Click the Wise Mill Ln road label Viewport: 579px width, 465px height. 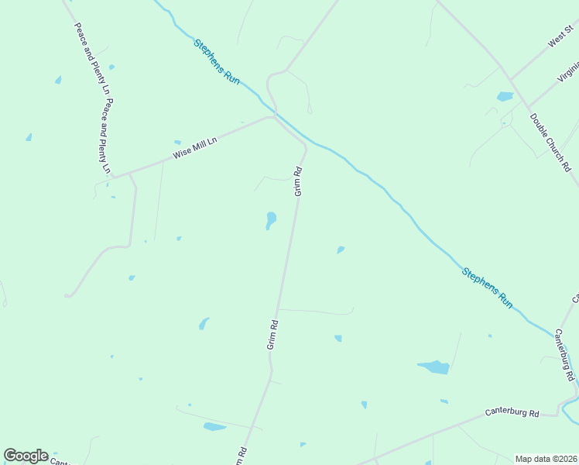[x=195, y=147]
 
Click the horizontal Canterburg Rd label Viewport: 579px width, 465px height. [x=512, y=413]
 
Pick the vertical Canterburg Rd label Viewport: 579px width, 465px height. [x=564, y=354]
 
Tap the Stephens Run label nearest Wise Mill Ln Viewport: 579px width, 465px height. [x=217, y=61]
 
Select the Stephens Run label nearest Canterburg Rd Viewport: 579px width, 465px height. [x=488, y=288]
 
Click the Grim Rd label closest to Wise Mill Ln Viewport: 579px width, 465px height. [x=297, y=181]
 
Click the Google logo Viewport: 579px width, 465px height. [x=26, y=456]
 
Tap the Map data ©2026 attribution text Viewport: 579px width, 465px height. [x=546, y=459]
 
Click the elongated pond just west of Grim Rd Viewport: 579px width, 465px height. [x=270, y=220]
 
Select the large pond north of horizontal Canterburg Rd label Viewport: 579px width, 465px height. [x=433, y=367]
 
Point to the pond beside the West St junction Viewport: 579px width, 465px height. [x=505, y=97]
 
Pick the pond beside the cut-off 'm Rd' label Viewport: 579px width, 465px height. [x=214, y=426]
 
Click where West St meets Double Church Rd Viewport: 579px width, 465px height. [x=509, y=80]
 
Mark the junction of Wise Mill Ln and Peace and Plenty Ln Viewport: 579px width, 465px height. [x=114, y=175]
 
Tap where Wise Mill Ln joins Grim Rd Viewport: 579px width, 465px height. [x=272, y=117]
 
